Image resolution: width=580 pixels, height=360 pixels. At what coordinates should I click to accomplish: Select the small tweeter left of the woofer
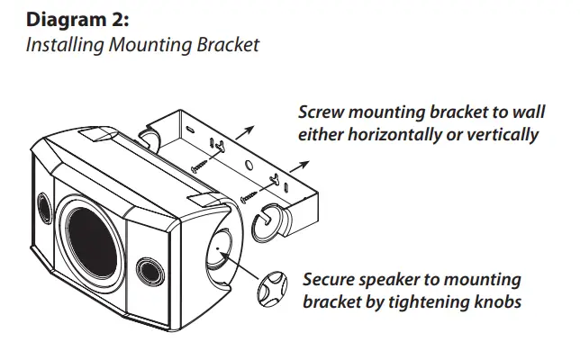(x=42, y=203)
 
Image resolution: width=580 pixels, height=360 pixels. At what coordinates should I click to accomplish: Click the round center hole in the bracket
(x=248, y=166)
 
